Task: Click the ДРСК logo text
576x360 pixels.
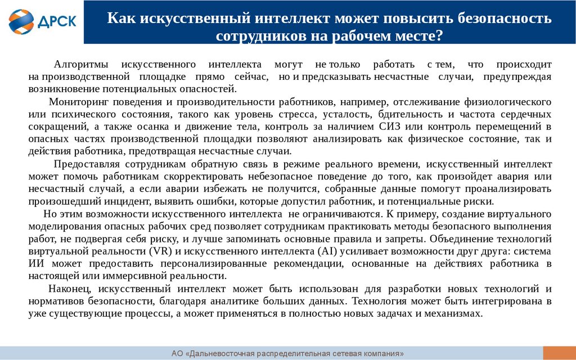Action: pyautogui.click(x=57, y=23)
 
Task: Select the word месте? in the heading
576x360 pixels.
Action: pyautogui.click(x=415, y=36)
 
